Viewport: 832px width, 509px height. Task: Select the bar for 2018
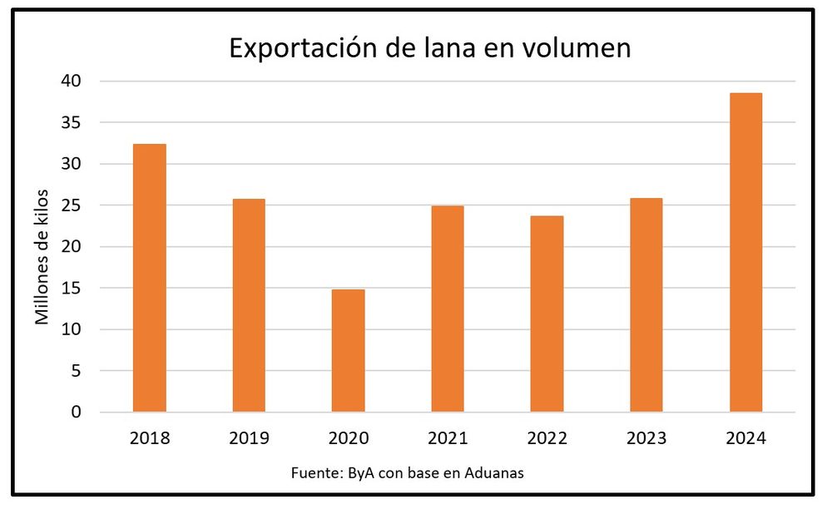pyautogui.click(x=150, y=278)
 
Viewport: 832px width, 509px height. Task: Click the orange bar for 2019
pyautogui.click(x=249, y=305)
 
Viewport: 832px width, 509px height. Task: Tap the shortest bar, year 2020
pyautogui.click(x=348, y=350)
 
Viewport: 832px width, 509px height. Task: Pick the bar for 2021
pyautogui.click(x=448, y=309)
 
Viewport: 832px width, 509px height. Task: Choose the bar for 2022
pyautogui.click(x=547, y=314)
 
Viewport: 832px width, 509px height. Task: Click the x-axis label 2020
pyautogui.click(x=348, y=437)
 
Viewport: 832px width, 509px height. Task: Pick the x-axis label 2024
pyautogui.click(x=745, y=437)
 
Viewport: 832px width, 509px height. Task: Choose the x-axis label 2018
pyautogui.click(x=150, y=437)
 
